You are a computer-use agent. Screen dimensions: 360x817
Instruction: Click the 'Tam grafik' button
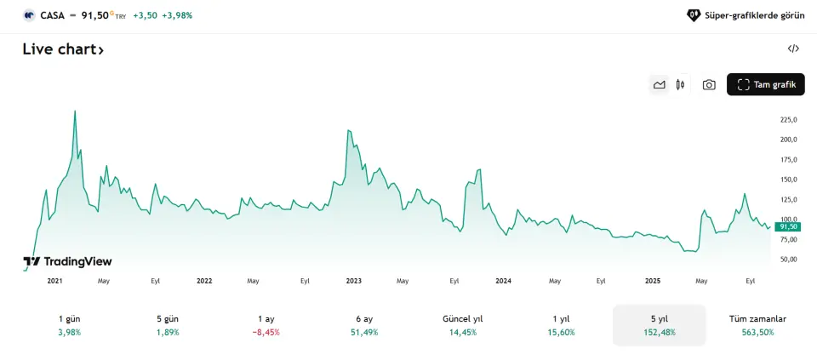(765, 84)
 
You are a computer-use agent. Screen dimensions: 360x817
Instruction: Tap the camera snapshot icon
(709, 84)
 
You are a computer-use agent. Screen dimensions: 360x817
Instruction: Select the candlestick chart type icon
(680, 84)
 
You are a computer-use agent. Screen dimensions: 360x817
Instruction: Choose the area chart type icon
(659, 84)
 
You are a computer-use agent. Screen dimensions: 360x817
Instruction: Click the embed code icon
(793, 49)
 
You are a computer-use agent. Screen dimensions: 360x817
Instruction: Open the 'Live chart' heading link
(63, 50)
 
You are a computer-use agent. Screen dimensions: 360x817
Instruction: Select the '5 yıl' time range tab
(660, 325)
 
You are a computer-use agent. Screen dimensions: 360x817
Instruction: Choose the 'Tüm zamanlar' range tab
(757, 325)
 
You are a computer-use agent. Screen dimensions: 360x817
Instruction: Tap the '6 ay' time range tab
(364, 325)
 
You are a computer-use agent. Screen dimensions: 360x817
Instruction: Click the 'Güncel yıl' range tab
(463, 325)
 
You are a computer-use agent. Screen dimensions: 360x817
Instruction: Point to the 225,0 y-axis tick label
(789, 119)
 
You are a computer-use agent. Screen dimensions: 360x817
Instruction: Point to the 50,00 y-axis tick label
(789, 259)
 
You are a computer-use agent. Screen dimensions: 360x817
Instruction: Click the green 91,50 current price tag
(788, 226)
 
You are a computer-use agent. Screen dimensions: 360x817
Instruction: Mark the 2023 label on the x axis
(354, 280)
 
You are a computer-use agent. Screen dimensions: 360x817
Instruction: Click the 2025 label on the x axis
(653, 280)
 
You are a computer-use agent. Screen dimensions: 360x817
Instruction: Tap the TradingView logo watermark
(67, 262)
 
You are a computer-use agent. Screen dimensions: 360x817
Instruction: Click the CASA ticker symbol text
(52, 15)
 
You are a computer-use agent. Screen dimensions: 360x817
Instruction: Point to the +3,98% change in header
(177, 15)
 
